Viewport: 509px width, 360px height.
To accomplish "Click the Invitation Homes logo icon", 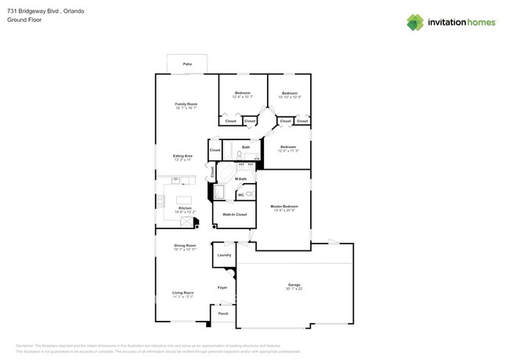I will point(415,22).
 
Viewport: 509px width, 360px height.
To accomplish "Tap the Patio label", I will point(187,63).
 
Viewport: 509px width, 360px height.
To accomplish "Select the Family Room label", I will point(186,104).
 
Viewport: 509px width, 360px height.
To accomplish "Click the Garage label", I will point(294,285).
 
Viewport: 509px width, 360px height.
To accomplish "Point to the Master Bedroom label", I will point(285,207).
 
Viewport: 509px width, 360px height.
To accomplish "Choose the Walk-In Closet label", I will point(234,214).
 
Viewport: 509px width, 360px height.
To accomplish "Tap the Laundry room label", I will point(224,255).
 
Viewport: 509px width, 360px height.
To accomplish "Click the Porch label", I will point(223,313).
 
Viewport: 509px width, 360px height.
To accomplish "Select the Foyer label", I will point(222,287).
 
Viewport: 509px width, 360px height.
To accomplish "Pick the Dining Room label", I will point(185,246).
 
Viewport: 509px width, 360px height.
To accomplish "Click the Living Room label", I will point(183,293).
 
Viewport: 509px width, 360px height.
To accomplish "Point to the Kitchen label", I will point(185,207).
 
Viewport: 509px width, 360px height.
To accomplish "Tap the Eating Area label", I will point(183,156).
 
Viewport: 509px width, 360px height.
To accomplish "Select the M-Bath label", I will point(240,179).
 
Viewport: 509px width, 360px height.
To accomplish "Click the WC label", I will point(240,195).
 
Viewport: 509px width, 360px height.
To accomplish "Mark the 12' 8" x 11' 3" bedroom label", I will point(288,147).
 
